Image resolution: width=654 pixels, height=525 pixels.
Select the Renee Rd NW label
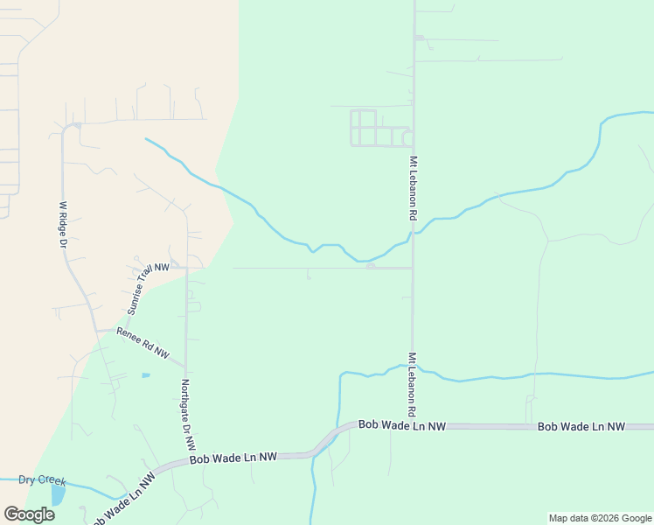tap(143, 341)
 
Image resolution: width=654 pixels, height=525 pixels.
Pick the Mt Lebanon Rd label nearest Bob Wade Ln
tap(409, 384)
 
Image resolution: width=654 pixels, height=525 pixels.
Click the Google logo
tap(29, 514)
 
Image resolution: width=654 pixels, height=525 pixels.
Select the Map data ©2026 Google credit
tap(600, 518)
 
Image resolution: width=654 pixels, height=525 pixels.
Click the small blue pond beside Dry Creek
tap(58, 495)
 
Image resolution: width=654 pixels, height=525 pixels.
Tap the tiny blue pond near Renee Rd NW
tap(145, 375)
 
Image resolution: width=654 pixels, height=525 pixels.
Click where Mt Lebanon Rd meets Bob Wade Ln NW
tap(412, 426)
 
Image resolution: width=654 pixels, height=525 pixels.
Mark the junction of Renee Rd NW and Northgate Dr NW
tap(185, 367)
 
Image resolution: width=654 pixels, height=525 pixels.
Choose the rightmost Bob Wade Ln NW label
tap(581, 426)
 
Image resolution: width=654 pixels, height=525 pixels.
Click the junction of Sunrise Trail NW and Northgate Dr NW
tap(185, 267)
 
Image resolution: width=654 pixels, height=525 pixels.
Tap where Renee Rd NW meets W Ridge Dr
tap(95, 330)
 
